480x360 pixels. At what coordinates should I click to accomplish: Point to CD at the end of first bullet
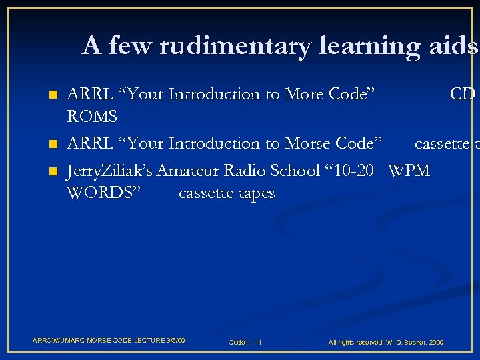coord(462,94)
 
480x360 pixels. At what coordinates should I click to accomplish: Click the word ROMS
coord(92,117)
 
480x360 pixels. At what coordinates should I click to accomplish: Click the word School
coord(295,171)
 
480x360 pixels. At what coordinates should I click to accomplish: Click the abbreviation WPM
coord(409,171)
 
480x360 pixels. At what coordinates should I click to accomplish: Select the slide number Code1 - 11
coord(245,342)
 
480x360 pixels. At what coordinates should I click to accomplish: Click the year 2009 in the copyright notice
coord(436,342)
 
